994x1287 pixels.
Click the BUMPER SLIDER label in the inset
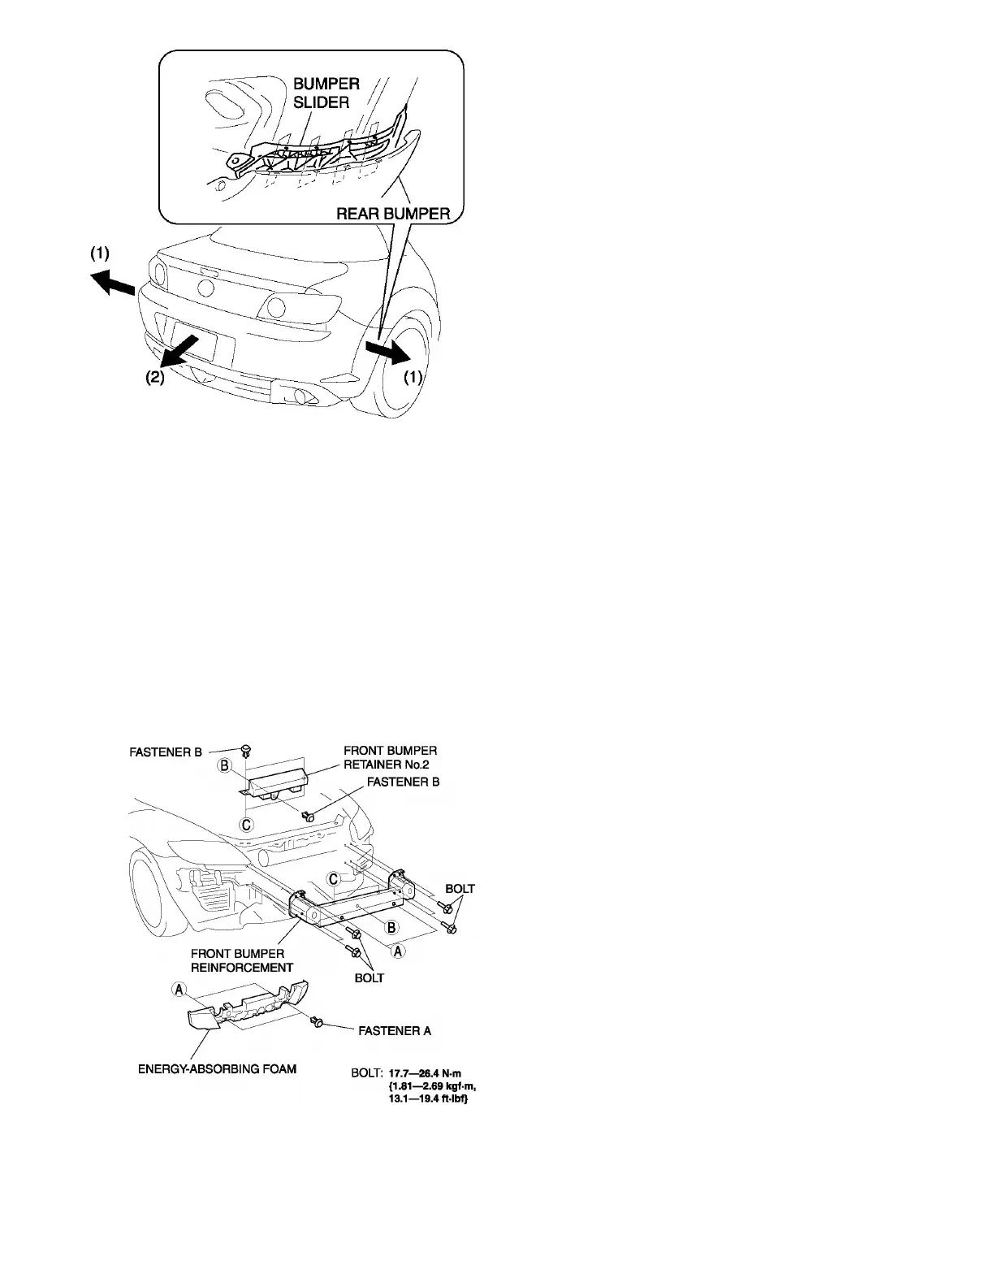click(326, 93)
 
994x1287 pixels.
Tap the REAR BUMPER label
click(394, 214)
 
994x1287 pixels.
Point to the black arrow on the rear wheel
click(388, 352)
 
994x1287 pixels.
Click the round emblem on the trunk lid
click(205, 288)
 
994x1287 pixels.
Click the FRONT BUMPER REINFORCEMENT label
click(242, 960)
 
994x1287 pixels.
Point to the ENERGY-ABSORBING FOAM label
click(217, 1068)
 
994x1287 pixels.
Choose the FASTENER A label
click(395, 1031)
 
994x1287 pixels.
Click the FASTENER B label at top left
click(166, 752)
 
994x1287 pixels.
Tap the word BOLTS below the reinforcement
click(370, 977)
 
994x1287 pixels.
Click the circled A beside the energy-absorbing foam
click(178, 990)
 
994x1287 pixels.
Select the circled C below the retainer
click(247, 825)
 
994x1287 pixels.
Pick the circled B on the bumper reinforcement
click(390, 927)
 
